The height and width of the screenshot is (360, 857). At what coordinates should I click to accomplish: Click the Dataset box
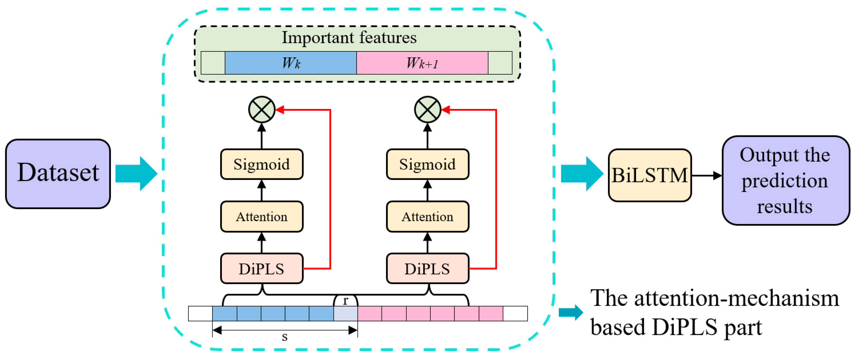tap(58, 174)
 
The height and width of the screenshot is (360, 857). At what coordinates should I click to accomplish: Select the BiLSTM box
tap(649, 175)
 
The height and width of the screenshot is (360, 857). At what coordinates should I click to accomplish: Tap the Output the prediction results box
tap(785, 180)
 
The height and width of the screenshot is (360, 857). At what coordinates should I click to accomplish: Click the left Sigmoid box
tap(261, 164)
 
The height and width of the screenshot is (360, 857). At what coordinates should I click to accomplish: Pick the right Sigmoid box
tap(428, 164)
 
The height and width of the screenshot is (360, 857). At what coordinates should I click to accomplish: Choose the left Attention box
tap(261, 217)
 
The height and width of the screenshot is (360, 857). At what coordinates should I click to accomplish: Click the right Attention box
tap(428, 217)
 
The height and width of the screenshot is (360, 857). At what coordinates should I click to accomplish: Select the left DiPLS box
tap(261, 268)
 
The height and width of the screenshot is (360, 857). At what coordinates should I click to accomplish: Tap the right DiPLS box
tap(428, 268)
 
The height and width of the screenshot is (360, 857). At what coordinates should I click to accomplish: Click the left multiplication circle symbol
tap(262, 110)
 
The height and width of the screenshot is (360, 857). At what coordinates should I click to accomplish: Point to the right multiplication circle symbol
tap(428, 110)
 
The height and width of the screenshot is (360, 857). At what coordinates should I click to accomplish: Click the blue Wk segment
tap(291, 63)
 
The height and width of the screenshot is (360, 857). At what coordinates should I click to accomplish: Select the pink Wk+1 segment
tap(422, 63)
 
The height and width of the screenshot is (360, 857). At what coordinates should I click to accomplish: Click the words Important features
tap(349, 38)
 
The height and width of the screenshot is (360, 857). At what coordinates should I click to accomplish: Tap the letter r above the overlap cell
tap(346, 300)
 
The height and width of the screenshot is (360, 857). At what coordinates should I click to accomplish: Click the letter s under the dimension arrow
tap(285, 337)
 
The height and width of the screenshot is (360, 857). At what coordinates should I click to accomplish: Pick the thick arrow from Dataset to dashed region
tap(136, 174)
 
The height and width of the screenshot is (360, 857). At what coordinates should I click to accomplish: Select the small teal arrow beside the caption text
tap(570, 312)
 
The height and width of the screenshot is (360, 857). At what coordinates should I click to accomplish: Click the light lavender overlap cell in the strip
tap(346, 314)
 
